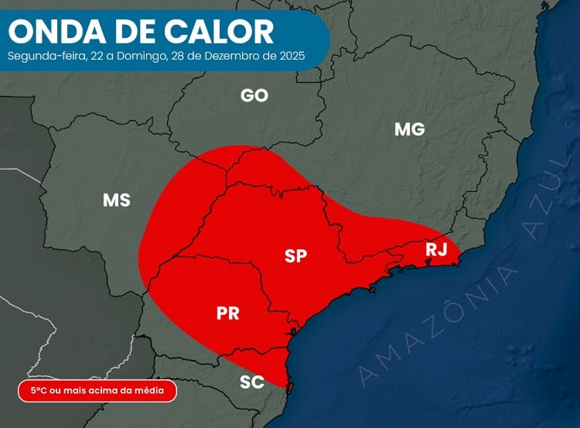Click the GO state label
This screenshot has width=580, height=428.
coord(254,95)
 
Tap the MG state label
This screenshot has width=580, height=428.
coord(409,129)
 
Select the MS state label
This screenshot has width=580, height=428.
coord(116,200)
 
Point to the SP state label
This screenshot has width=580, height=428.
coord(295,256)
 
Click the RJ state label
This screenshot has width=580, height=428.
coord(436,249)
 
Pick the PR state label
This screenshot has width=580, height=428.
coord(227,313)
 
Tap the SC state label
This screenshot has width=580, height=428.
coord(252,382)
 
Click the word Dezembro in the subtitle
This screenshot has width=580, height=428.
coord(231,56)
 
